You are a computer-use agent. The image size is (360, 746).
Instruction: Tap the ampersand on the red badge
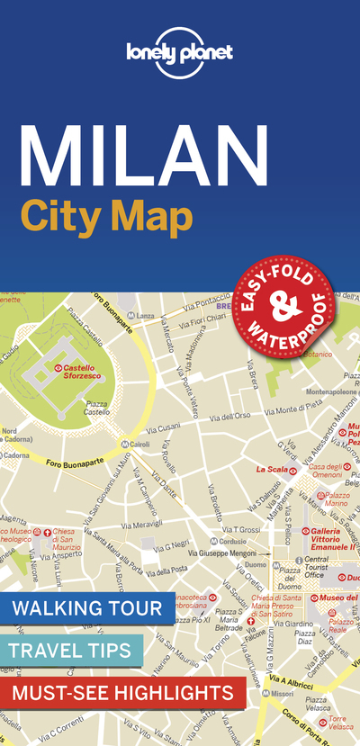click(x=284, y=310)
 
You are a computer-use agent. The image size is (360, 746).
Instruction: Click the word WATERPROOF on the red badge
click(x=293, y=333)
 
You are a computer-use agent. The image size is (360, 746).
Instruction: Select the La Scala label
click(x=271, y=469)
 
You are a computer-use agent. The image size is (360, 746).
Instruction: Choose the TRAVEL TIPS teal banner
click(x=71, y=650)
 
